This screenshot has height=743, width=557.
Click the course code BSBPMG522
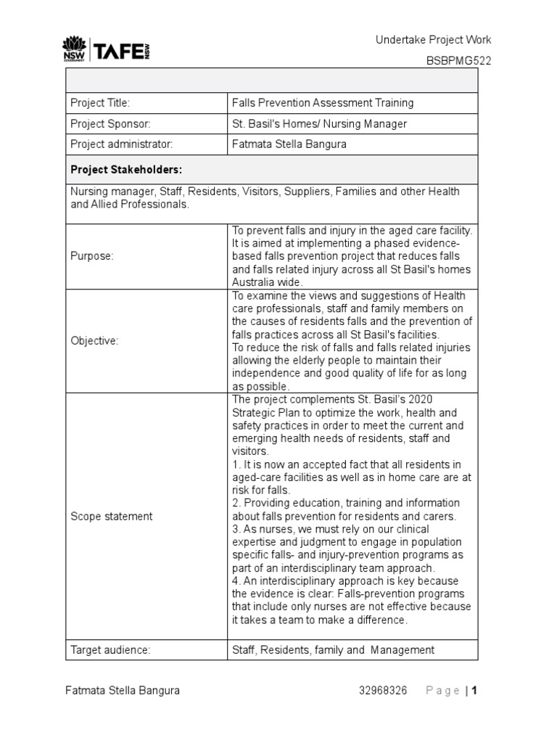point(458,61)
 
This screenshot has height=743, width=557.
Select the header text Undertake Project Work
point(433,40)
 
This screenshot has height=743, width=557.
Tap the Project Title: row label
point(100,104)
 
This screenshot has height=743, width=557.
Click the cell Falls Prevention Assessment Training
point(323,104)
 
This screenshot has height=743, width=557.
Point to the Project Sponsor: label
point(110,124)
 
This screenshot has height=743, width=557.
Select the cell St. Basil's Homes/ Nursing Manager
point(319,124)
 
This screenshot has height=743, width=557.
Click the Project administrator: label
point(121,144)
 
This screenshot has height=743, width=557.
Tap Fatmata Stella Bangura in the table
point(289,144)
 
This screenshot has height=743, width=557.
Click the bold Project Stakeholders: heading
point(126,170)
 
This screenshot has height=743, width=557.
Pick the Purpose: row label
point(92,257)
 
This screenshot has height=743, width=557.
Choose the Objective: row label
point(94,341)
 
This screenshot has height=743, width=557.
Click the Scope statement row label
point(111,517)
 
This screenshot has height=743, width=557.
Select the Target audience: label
point(110,650)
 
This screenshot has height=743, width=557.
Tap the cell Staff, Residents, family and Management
point(333,650)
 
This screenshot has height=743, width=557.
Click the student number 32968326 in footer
point(383,691)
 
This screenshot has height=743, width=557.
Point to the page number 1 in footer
point(474,691)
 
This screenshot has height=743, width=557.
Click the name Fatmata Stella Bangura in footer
point(123,691)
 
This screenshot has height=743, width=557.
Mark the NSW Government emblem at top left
point(73,49)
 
